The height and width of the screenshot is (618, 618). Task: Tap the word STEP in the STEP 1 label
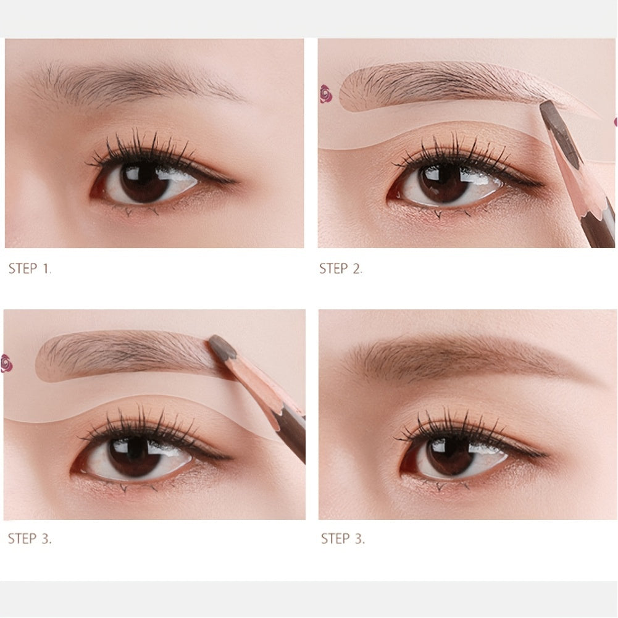pyautogui.click(x=23, y=269)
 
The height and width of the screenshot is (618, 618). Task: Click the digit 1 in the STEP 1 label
pyautogui.click(x=46, y=269)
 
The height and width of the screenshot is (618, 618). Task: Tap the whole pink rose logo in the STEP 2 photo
pyautogui.click(x=326, y=93)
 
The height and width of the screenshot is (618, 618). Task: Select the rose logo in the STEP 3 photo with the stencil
pyautogui.click(x=7, y=363)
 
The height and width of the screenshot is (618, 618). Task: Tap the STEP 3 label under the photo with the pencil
pyautogui.click(x=30, y=538)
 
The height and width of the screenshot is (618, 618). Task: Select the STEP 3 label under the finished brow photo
pyautogui.click(x=343, y=538)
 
